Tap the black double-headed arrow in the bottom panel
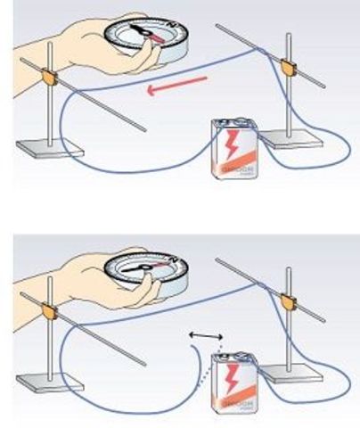pyautogui.click(x=206, y=335)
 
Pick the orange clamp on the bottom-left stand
pyautogui.click(x=46, y=311)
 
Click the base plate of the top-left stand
pyautogui.click(x=49, y=146)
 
